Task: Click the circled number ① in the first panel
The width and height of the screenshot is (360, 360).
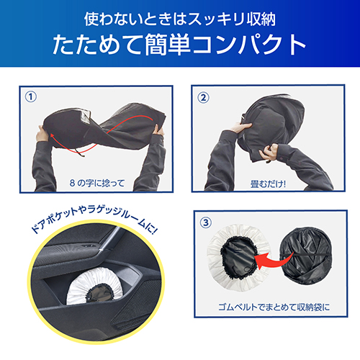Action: click(31, 97)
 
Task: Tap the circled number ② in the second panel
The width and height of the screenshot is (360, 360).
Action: click(203, 98)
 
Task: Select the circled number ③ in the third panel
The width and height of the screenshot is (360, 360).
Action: click(206, 222)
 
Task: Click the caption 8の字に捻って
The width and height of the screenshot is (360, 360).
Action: click(97, 184)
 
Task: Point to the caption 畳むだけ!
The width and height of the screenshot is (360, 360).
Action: click(268, 184)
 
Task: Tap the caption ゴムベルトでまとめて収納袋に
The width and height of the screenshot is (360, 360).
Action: click(274, 307)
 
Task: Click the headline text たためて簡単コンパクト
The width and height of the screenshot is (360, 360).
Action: click(179, 45)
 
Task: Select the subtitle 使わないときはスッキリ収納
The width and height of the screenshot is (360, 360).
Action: click(180, 19)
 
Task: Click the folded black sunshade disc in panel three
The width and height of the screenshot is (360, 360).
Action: click(306, 256)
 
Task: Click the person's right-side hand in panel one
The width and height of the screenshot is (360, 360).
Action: click(158, 130)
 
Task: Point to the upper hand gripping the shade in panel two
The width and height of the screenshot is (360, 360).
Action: click(240, 127)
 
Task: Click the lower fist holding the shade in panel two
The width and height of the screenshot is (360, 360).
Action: click(269, 152)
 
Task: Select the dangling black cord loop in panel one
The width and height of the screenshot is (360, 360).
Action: click(79, 152)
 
